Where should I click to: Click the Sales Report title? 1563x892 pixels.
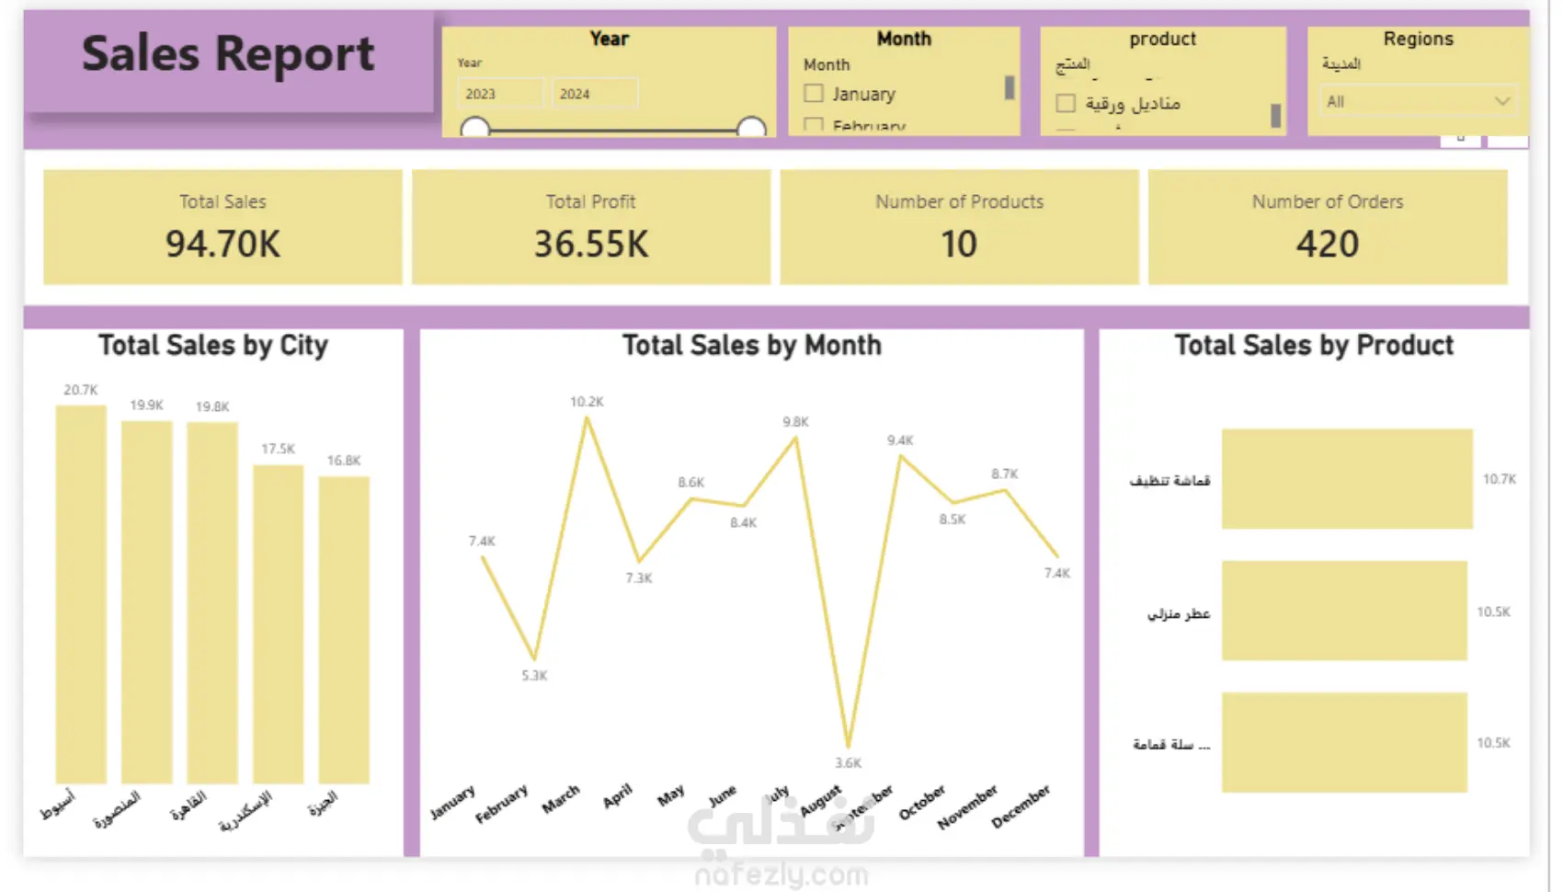[x=228, y=54]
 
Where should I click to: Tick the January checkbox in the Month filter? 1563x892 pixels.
[x=814, y=93]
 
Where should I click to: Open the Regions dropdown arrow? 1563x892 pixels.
[x=1501, y=101]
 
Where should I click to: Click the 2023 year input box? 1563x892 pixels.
[x=499, y=94]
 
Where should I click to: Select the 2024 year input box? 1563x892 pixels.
[x=594, y=94]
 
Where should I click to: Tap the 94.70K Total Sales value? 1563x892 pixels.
[x=222, y=244]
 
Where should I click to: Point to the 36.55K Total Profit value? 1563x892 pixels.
[x=591, y=244]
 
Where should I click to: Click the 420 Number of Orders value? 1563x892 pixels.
[x=1327, y=244]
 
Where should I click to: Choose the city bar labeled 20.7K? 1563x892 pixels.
[x=81, y=593]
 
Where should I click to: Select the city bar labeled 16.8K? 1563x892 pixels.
[x=344, y=630]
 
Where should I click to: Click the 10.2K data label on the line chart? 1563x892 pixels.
[x=587, y=402]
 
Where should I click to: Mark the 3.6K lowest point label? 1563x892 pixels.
[x=848, y=763]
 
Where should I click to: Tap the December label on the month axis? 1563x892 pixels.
[x=1021, y=806]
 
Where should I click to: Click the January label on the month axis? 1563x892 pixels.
[x=453, y=802]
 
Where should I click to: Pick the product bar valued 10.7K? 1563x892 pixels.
[x=1346, y=479]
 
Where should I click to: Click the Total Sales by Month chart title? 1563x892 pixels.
[x=751, y=346]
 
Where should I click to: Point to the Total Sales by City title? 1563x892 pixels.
[x=213, y=346]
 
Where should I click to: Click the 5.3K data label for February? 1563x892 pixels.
[x=534, y=676]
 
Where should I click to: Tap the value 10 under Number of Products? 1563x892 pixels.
[x=958, y=244]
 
